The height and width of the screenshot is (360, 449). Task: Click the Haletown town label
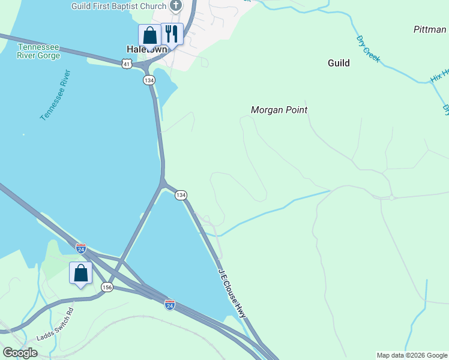(146, 49)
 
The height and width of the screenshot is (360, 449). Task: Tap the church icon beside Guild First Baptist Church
(175, 7)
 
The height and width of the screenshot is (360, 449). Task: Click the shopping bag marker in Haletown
(149, 35)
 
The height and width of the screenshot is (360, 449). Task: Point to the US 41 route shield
(125, 64)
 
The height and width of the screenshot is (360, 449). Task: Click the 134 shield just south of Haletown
(148, 80)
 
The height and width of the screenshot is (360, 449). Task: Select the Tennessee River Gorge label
(39, 52)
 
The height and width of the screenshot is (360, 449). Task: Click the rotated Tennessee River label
(55, 95)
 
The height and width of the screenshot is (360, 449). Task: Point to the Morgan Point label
(279, 110)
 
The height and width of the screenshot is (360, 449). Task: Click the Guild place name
(339, 63)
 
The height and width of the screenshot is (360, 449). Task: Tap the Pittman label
(430, 29)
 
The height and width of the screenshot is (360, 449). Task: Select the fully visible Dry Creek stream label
(368, 49)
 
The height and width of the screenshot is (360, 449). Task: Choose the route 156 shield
(107, 287)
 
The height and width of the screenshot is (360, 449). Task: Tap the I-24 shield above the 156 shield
(81, 248)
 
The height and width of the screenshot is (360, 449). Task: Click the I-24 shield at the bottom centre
(170, 305)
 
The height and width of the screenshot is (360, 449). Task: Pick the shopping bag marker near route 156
(81, 274)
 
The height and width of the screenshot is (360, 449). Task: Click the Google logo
(20, 353)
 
